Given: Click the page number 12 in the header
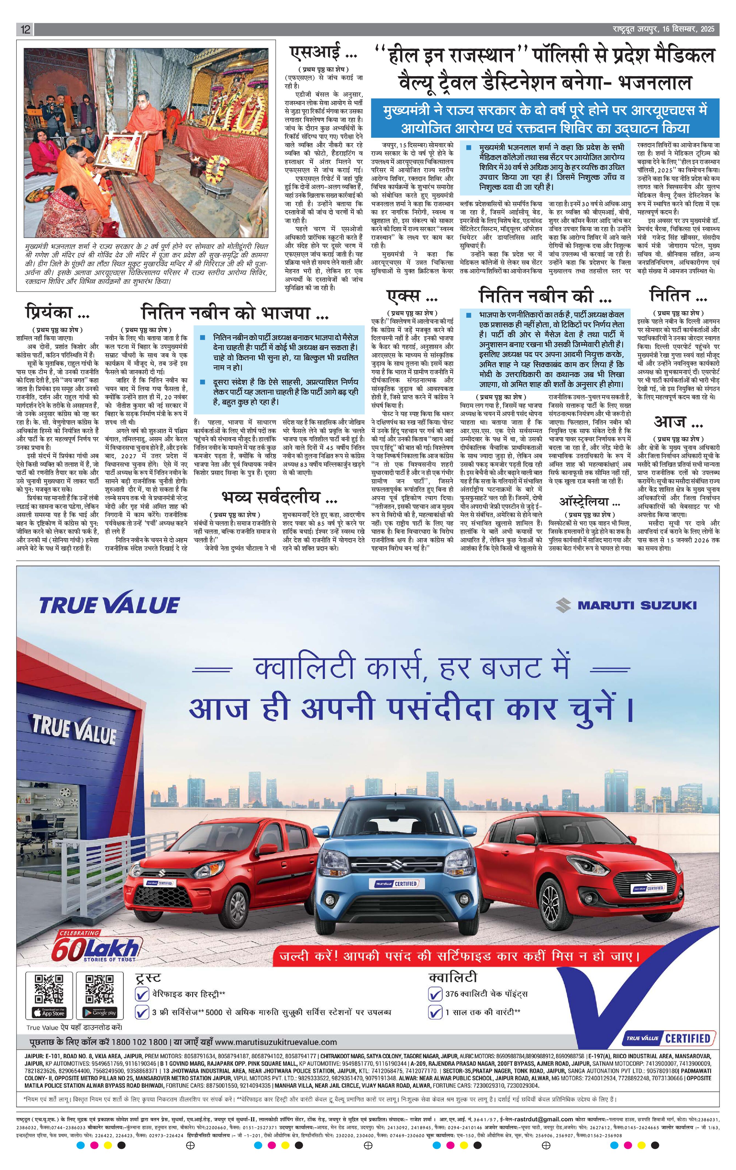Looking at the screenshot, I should pyautogui.click(x=25, y=30).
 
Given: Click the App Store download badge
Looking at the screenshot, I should pyautogui.click(x=49, y=1012).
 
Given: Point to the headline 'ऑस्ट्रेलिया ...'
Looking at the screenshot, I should pyautogui.click(x=590, y=502).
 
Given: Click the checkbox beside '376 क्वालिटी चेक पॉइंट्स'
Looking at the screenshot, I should pyautogui.click(x=435, y=994).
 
